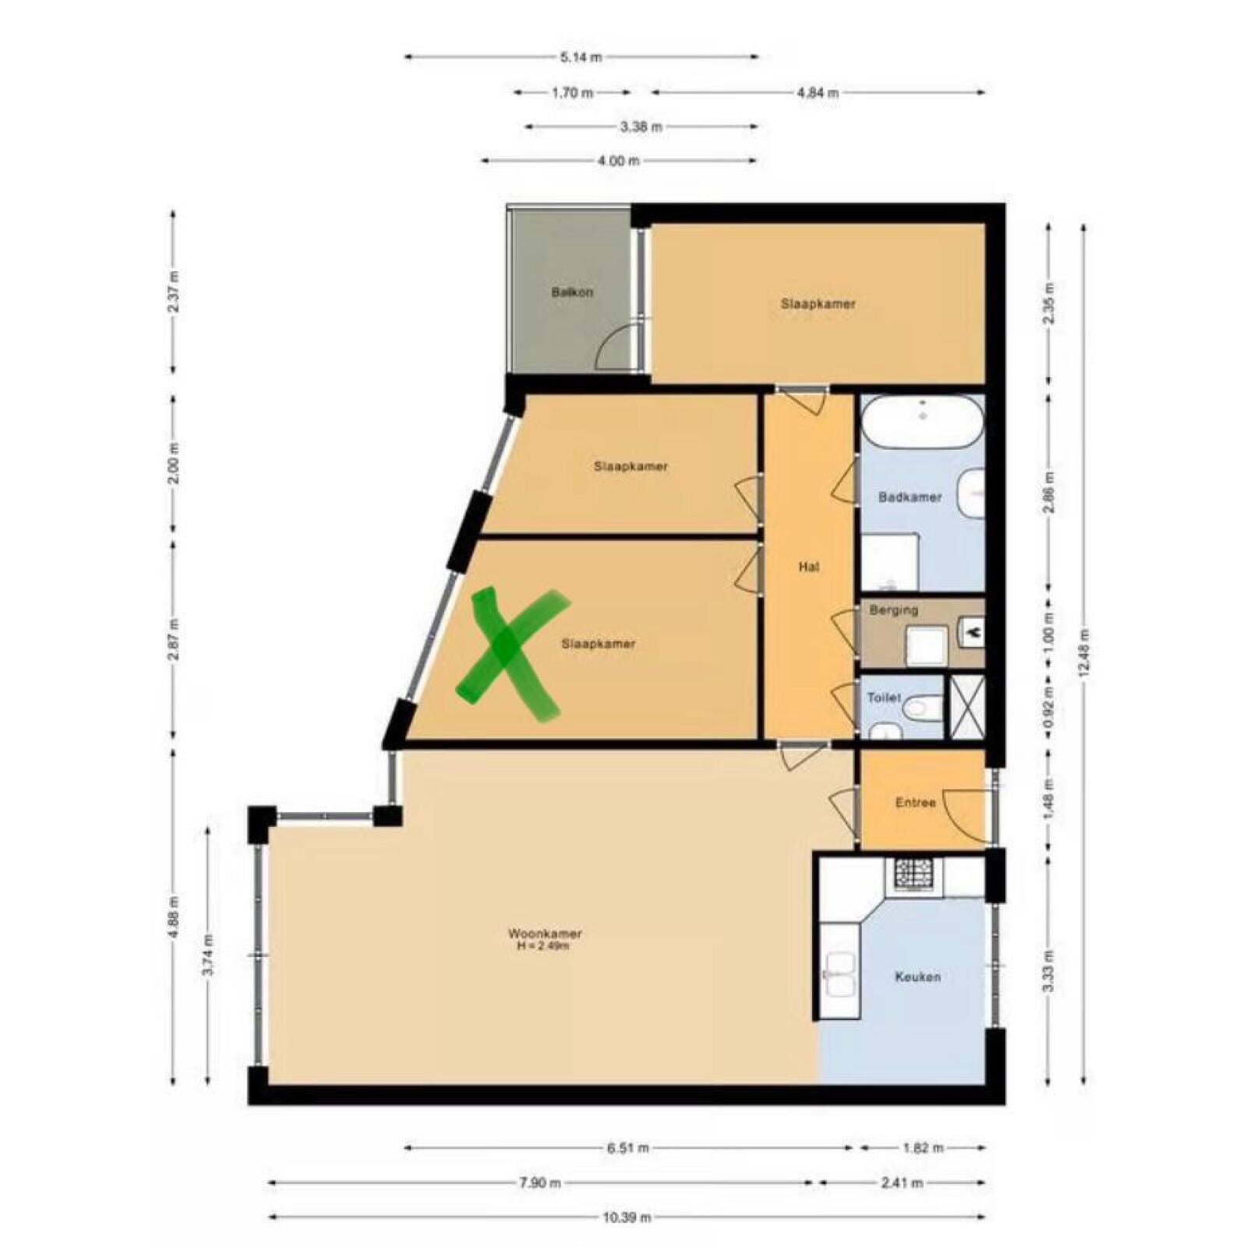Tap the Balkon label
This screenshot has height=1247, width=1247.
pos(572,292)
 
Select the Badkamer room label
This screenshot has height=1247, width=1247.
pos(910,496)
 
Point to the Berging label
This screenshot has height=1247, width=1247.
pos(894,609)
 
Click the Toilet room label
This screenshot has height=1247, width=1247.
pos(884,698)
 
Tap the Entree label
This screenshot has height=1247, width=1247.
pos(915,802)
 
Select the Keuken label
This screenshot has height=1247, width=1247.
pos(917,976)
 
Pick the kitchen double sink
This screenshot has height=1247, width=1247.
pos(840,974)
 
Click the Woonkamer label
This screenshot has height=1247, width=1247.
pos(545,933)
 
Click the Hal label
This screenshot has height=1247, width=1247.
pos(809,567)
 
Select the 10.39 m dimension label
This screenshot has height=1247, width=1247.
pos(627,1217)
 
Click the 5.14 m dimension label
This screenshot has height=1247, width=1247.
pos(581,56)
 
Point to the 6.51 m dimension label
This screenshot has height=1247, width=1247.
pos(627,1147)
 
